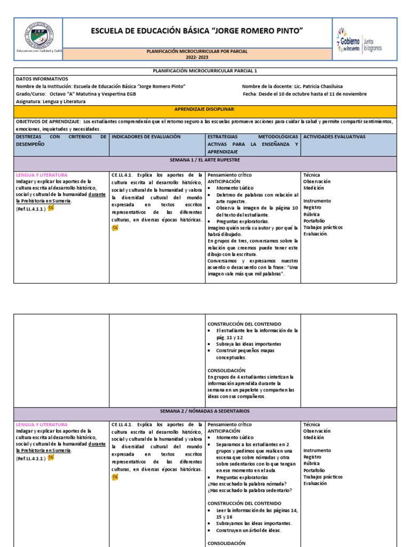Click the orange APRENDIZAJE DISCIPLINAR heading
coord(205,109)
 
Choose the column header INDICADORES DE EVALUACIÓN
coord(147,137)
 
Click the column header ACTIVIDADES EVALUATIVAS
coord(334,137)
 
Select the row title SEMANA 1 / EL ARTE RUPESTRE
coord(205,160)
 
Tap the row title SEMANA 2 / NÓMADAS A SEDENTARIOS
coord(205,411)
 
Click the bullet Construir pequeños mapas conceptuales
coord(247,354)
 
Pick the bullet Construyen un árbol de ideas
coord(249,530)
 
